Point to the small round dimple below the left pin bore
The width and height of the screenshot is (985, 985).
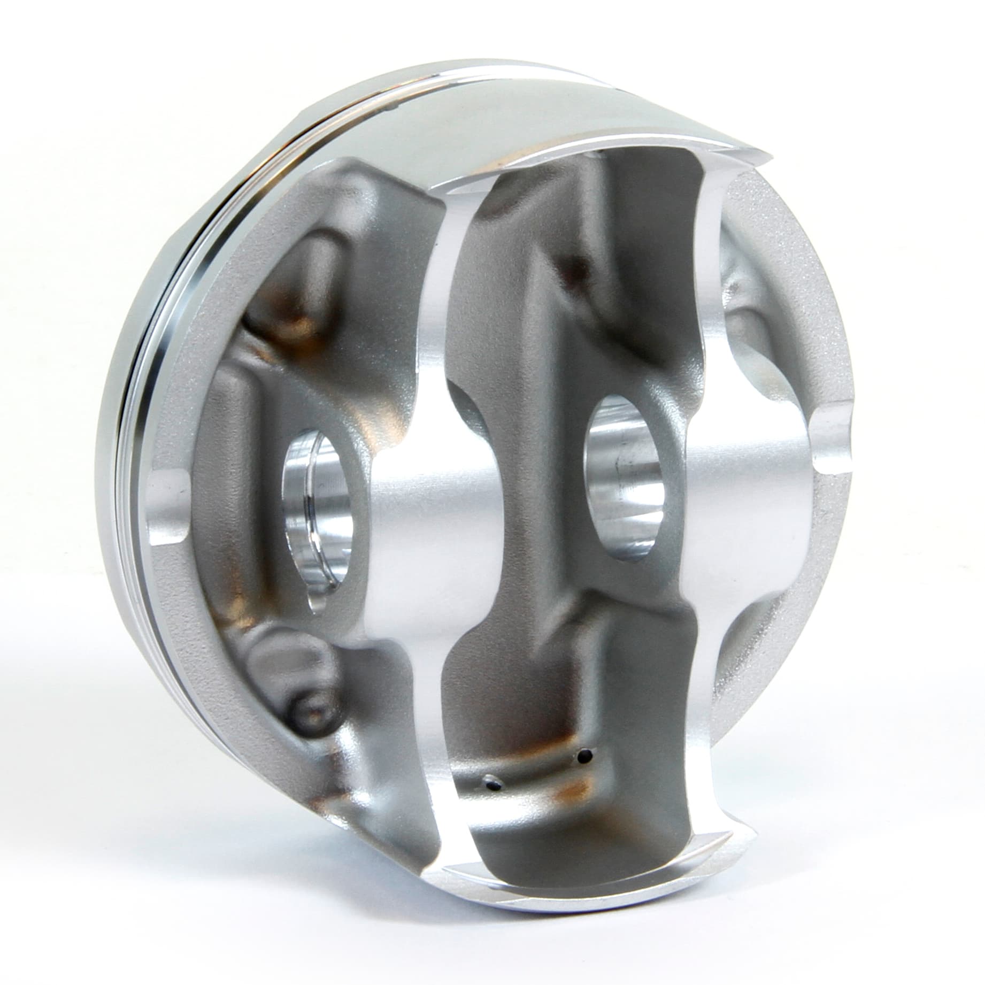tap(307, 711)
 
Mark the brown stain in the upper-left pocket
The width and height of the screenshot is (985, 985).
tap(299, 321)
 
